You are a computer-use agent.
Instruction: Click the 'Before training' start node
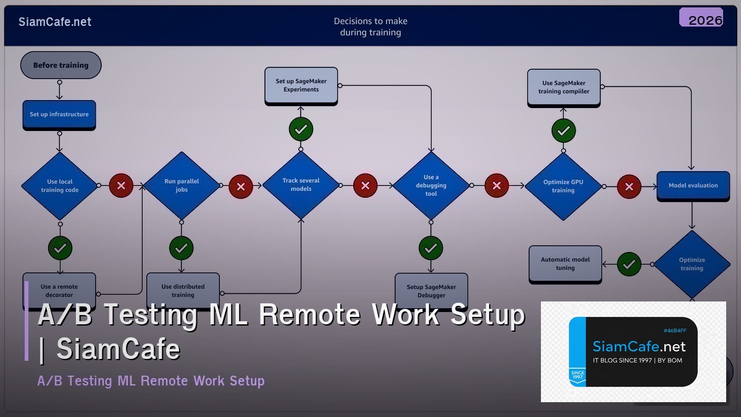pyautogui.click(x=61, y=65)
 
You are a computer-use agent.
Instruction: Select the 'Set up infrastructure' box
pyautogui.click(x=59, y=114)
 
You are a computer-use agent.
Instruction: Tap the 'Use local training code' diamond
pyautogui.click(x=60, y=185)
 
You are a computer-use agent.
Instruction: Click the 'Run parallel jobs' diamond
pyautogui.click(x=182, y=185)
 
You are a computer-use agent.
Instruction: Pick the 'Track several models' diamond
pyautogui.click(x=301, y=185)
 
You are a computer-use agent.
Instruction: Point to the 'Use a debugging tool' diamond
pyautogui.click(x=431, y=185)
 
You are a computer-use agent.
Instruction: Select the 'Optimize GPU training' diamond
pyautogui.click(x=563, y=186)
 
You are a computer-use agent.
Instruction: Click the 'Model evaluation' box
pyautogui.click(x=693, y=185)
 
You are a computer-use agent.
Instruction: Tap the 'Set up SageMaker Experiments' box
pyautogui.click(x=301, y=85)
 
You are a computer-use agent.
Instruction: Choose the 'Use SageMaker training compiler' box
pyautogui.click(x=563, y=87)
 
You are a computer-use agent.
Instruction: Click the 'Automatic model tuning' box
pyautogui.click(x=565, y=264)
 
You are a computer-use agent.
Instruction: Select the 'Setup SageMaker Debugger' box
pyautogui.click(x=431, y=290)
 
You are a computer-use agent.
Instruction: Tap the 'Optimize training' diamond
pyautogui.click(x=692, y=264)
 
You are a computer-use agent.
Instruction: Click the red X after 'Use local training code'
pyautogui.click(x=121, y=185)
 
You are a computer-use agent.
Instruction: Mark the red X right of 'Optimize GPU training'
pyautogui.click(x=629, y=186)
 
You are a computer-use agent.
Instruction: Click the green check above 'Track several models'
pyautogui.click(x=301, y=130)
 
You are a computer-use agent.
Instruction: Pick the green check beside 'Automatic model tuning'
pyautogui.click(x=629, y=264)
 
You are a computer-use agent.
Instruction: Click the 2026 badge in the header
pyautogui.click(x=705, y=20)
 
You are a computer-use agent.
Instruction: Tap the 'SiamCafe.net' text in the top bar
pyautogui.click(x=55, y=22)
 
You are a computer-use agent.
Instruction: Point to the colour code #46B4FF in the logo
pyautogui.click(x=674, y=331)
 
